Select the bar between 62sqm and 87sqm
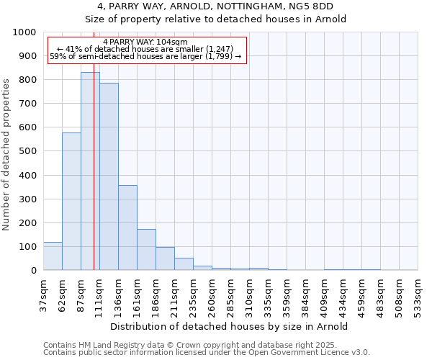[x=71, y=202]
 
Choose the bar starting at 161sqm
[x=146, y=250]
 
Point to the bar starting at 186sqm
[x=165, y=258]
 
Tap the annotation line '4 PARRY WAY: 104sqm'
[x=145, y=42]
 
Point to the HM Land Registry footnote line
[x=186, y=346]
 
